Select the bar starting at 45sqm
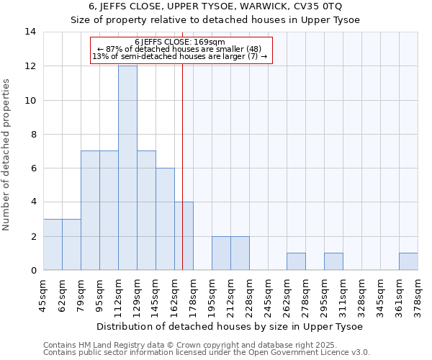click(53, 245)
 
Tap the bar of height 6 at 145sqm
click(165, 219)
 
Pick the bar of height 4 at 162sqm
click(184, 236)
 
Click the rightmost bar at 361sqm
click(408, 262)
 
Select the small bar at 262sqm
click(296, 262)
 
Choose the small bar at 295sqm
click(333, 262)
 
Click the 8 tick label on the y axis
click(33, 135)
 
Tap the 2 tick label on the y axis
click(33, 237)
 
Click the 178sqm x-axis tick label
click(193, 295)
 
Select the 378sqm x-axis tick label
click(418, 295)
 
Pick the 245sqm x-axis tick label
click(268, 295)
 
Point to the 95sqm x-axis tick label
click(99, 295)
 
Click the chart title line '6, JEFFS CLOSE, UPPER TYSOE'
click(215, 6)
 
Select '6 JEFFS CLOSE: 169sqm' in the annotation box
click(181, 42)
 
